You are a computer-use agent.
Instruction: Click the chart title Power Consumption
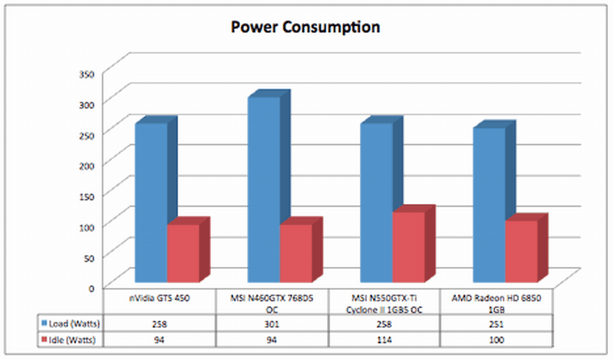tap(306, 28)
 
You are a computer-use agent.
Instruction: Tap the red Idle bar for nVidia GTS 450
tap(183, 253)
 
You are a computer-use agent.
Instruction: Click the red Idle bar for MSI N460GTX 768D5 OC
tap(295, 253)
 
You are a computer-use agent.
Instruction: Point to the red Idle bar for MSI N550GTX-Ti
tap(408, 246)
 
